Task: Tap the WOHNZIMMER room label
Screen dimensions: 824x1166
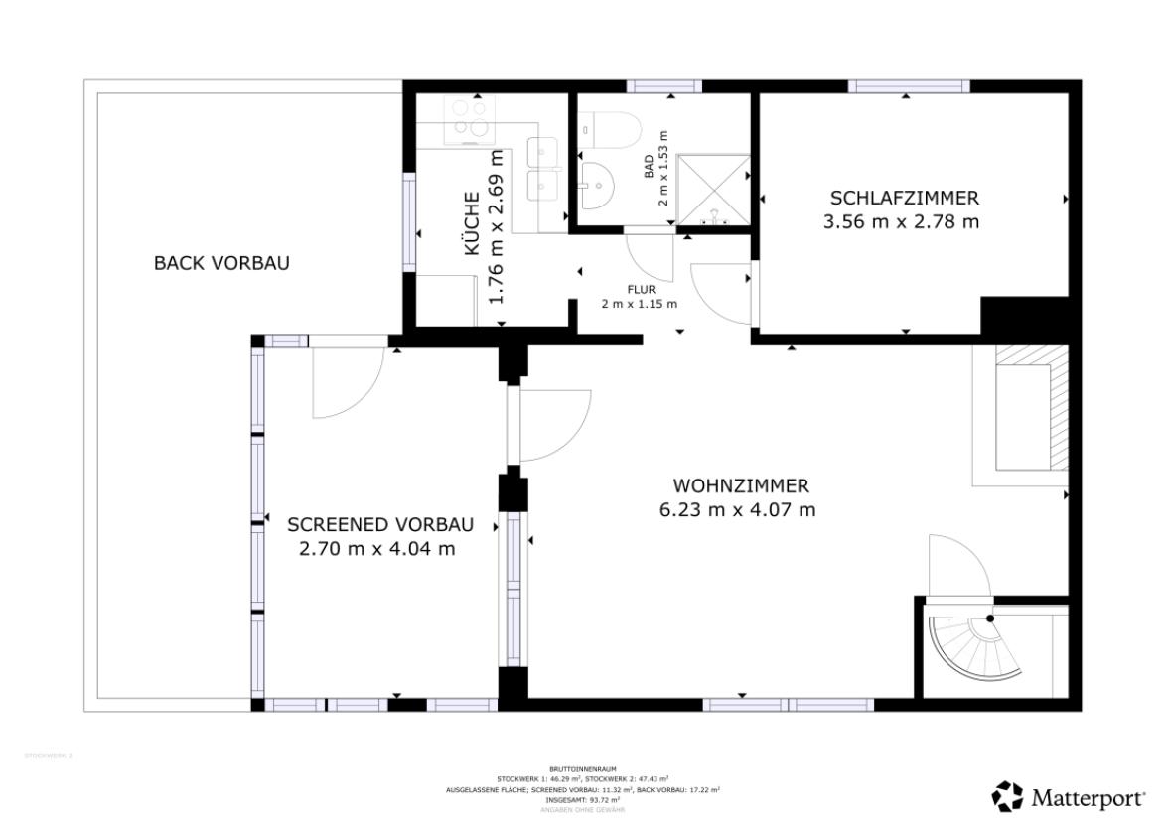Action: [741, 486]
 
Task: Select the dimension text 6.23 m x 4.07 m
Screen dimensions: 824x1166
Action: [737, 510]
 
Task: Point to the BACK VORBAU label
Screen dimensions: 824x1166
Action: [221, 263]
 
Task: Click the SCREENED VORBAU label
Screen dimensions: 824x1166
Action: [379, 524]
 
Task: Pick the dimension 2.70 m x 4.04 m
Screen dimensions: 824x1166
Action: [377, 548]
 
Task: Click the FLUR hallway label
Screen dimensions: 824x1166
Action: [641, 289]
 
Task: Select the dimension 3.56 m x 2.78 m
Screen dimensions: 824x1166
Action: [901, 222]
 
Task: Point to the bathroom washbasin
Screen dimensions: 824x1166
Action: [597, 185]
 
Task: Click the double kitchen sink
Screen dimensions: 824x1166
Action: [543, 169]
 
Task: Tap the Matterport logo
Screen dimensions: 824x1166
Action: [1069, 796]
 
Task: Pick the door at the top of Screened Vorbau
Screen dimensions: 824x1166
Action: [347, 382]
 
